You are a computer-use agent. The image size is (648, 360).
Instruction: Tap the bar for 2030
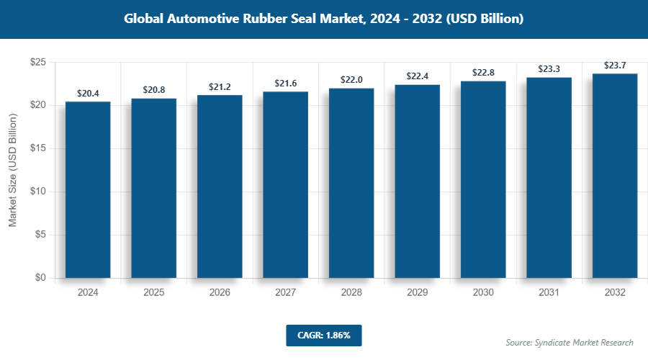(x=483, y=179)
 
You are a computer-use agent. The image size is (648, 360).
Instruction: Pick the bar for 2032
(x=615, y=176)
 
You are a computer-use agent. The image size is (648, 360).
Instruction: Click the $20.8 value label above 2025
(x=153, y=90)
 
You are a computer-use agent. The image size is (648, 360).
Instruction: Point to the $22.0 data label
(x=351, y=80)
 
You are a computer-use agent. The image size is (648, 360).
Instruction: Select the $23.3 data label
(x=549, y=69)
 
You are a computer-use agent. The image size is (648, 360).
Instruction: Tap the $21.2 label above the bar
(x=220, y=87)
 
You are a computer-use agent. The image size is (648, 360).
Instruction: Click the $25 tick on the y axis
(x=38, y=63)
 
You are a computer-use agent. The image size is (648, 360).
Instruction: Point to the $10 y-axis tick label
(x=38, y=192)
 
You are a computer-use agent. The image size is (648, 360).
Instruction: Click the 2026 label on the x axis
(x=220, y=293)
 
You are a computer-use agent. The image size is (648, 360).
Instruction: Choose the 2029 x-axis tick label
(x=417, y=293)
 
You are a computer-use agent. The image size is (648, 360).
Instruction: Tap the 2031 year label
(x=549, y=293)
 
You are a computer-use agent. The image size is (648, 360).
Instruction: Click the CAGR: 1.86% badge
(x=323, y=335)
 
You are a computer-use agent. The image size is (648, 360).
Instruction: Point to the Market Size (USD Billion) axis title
(x=12, y=170)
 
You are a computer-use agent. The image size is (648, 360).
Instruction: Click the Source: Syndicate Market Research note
(x=569, y=342)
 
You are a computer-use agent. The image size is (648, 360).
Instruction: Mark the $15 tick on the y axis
(x=38, y=148)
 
